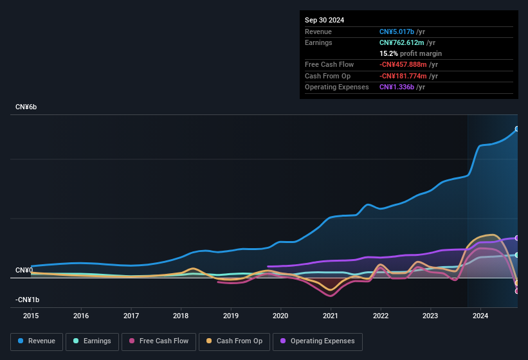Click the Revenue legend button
click(37, 341)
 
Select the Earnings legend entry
click(91, 341)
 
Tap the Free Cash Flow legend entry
click(158, 341)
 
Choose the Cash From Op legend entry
click(233, 341)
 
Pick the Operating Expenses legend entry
click(318, 341)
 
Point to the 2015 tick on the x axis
click(32, 316)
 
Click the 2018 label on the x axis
click(181, 316)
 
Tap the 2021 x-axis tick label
click(331, 316)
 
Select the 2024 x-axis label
click(480, 316)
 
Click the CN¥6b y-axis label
click(26, 107)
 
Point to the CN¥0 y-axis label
click(24, 270)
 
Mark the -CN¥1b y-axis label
click(28, 300)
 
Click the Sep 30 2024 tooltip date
click(324, 20)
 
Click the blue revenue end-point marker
click(517, 129)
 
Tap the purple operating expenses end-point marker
click(517, 238)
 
